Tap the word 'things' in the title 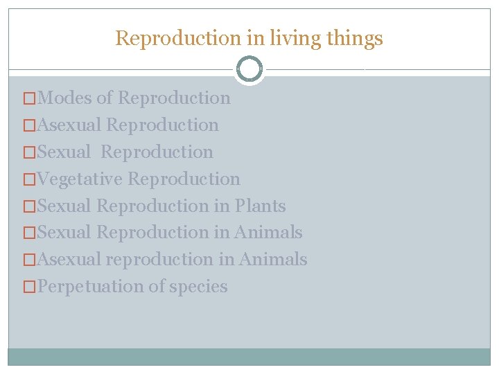click(353, 39)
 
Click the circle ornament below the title click(249, 69)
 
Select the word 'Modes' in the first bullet click(65, 98)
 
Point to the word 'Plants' click(260, 206)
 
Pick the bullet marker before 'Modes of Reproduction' click(30, 98)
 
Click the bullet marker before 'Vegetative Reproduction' click(30, 179)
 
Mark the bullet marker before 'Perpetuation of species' click(30, 287)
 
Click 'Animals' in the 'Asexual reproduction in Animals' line click(273, 260)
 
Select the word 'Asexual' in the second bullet click(70, 125)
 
